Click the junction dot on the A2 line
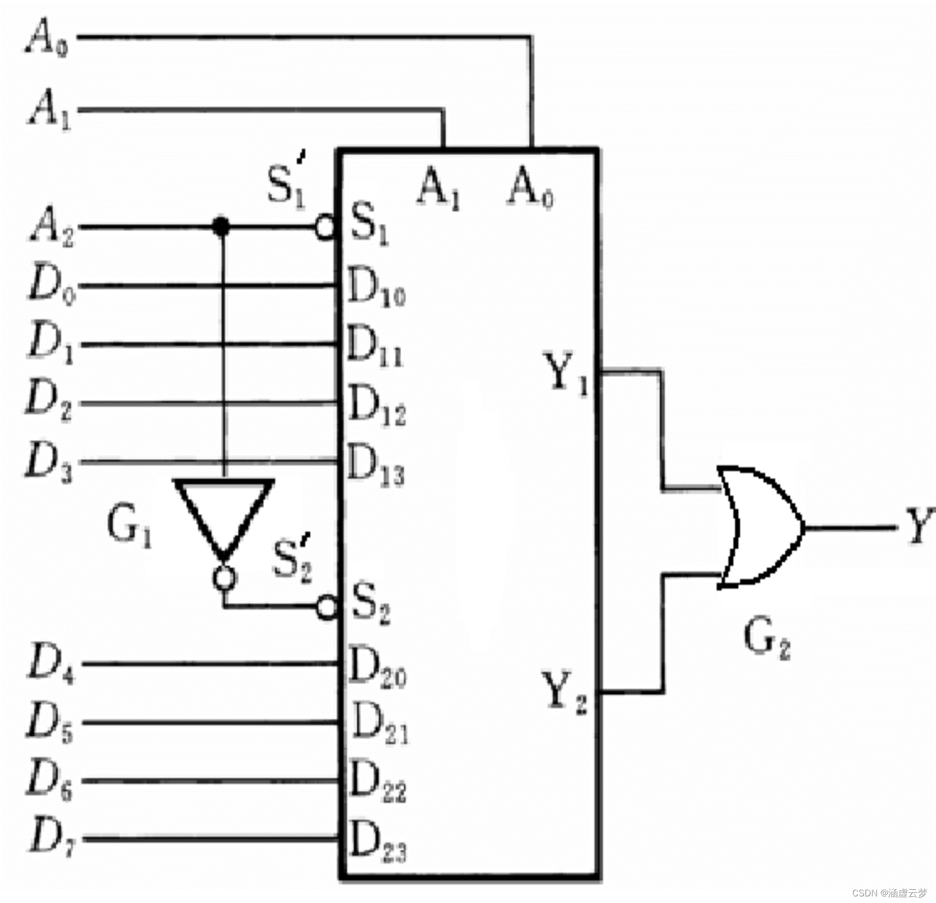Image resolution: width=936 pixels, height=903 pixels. point(221,226)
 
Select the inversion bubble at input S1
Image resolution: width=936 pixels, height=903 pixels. point(325,227)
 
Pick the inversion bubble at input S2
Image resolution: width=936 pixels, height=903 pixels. point(327,607)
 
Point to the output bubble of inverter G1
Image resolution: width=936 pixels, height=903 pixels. point(224,578)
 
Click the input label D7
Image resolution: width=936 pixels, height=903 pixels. point(51,837)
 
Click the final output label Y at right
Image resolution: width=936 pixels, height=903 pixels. point(919,526)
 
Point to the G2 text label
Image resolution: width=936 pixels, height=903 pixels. point(767,639)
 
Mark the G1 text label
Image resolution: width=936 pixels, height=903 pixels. point(129,526)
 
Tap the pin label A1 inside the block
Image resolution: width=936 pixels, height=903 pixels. point(439,188)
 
